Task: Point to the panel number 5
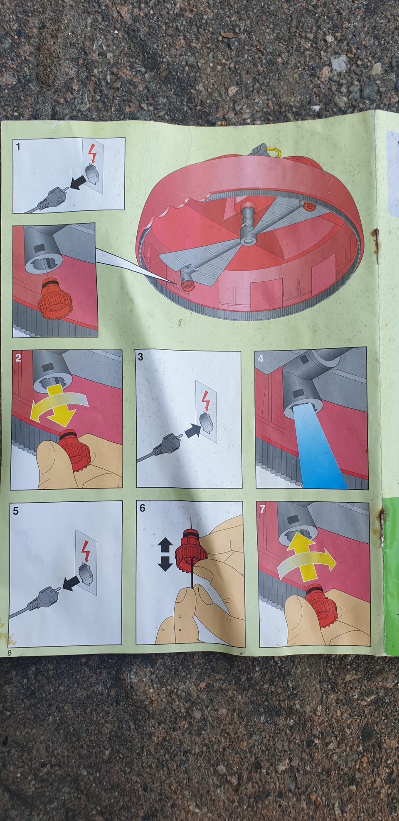pyautogui.click(x=16, y=511)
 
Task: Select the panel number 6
pyautogui.click(x=143, y=508)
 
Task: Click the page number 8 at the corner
pyautogui.click(x=9, y=653)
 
